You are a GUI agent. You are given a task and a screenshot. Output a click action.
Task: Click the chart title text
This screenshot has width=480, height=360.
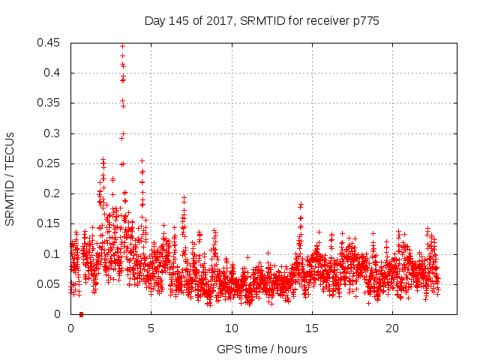(x=262, y=21)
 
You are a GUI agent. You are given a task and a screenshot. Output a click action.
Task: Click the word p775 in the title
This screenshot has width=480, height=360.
(x=364, y=21)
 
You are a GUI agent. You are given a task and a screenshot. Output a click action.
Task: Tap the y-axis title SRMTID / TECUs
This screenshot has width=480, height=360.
(x=10, y=178)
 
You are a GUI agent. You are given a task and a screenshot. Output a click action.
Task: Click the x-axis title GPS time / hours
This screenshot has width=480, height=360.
(x=262, y=349)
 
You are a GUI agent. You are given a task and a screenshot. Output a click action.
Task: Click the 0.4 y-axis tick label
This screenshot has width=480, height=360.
(x=53, y=73)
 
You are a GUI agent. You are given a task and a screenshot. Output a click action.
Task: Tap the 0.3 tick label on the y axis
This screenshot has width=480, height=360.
(x=53, y=133)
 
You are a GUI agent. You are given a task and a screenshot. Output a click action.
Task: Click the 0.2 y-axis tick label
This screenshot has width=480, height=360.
(x=53, y=193)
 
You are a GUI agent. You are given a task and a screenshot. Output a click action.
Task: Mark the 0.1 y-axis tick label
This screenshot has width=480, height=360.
(x=53, y=254)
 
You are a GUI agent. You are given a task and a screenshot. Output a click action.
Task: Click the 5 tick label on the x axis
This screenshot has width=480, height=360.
(x=151, y=328)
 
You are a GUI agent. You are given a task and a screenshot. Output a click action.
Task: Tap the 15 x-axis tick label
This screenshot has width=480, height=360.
(x=311, y=328)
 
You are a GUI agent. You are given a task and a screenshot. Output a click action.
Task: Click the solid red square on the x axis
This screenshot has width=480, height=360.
(x=81, y=314)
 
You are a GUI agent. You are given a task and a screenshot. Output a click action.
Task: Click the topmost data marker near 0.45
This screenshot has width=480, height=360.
(x=122, y=46)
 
